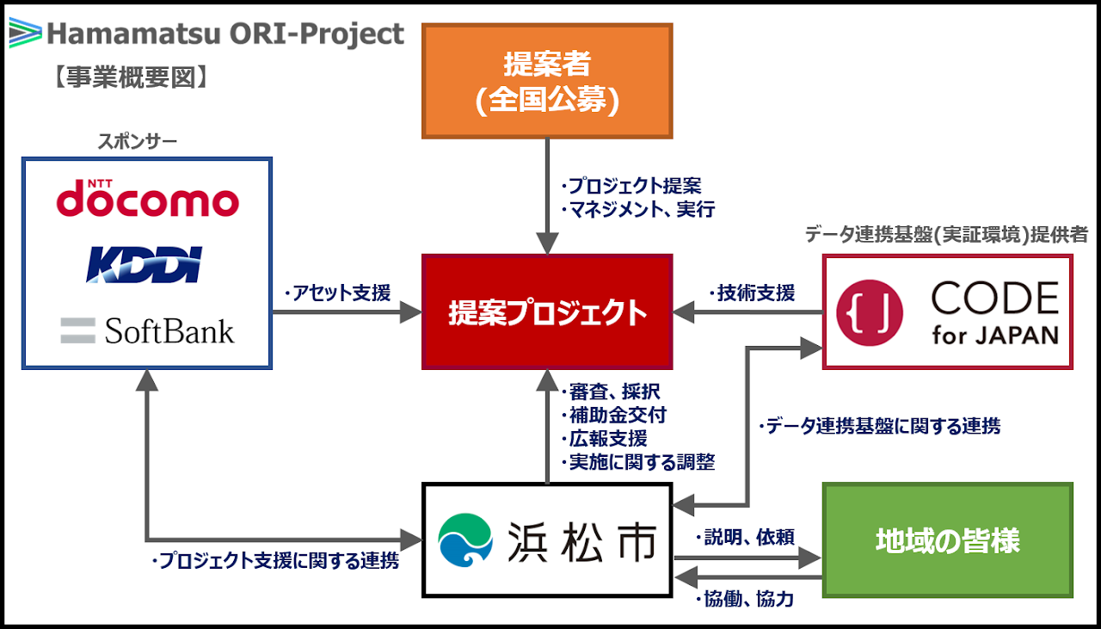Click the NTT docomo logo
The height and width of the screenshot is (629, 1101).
coord(147,200)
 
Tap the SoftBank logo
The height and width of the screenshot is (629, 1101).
coord(147,330)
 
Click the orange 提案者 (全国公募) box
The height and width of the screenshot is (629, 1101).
coord(547,81)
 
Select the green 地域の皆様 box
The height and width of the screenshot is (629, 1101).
coord(947,541)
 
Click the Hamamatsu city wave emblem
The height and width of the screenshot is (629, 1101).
coord(465,541)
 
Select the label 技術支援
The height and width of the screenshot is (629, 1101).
coord(752,293)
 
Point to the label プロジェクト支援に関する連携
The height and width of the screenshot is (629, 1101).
coord(274,562)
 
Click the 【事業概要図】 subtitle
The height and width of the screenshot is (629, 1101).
coord(130,77)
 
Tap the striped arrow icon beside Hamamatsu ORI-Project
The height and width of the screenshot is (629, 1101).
coord(24,34)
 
